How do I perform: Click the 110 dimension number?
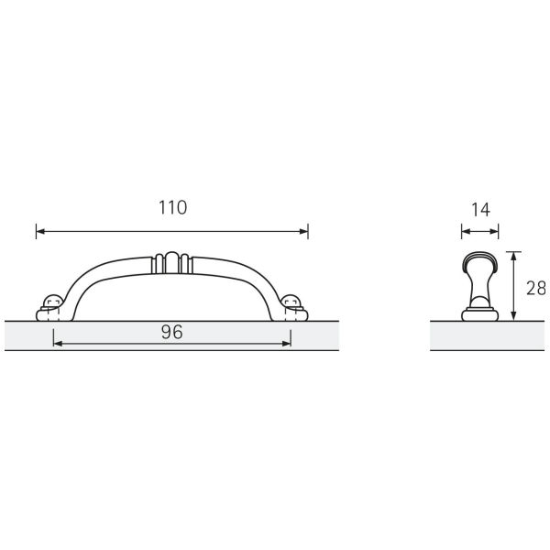point(171,207)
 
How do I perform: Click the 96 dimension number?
point(172,332)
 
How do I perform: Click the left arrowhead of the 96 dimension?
point(58,344)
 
